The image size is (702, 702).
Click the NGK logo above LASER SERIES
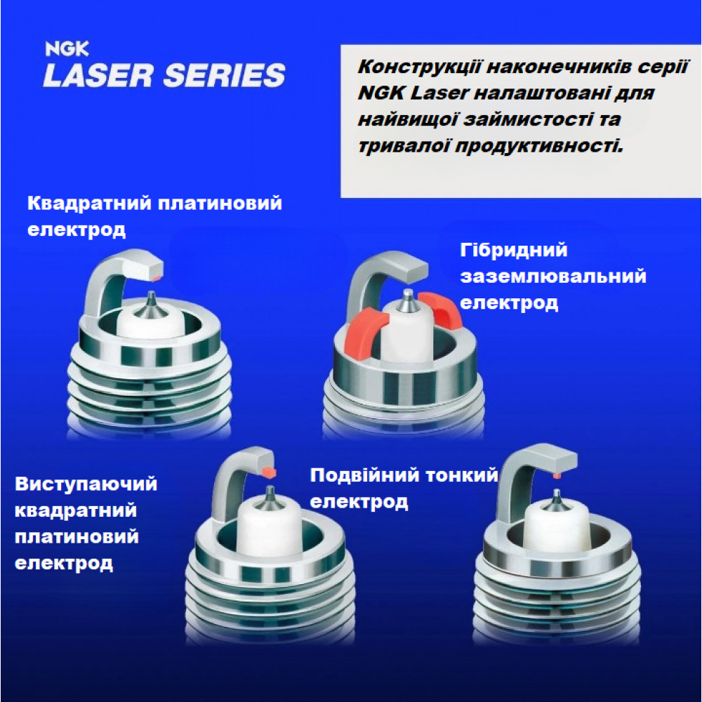coord(67,48)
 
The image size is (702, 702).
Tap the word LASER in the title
coord(98,75)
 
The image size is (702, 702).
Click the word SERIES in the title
coord(225,75)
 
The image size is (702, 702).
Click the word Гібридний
coord(514,250)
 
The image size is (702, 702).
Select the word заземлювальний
coord(553,276)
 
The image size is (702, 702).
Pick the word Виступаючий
coord(86,484)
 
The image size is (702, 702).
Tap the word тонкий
coord(462,475)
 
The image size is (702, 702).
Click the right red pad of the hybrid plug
coord(441,309)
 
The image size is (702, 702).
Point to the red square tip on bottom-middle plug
coord(270,472)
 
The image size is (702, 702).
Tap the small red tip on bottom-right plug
coord(557,475)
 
